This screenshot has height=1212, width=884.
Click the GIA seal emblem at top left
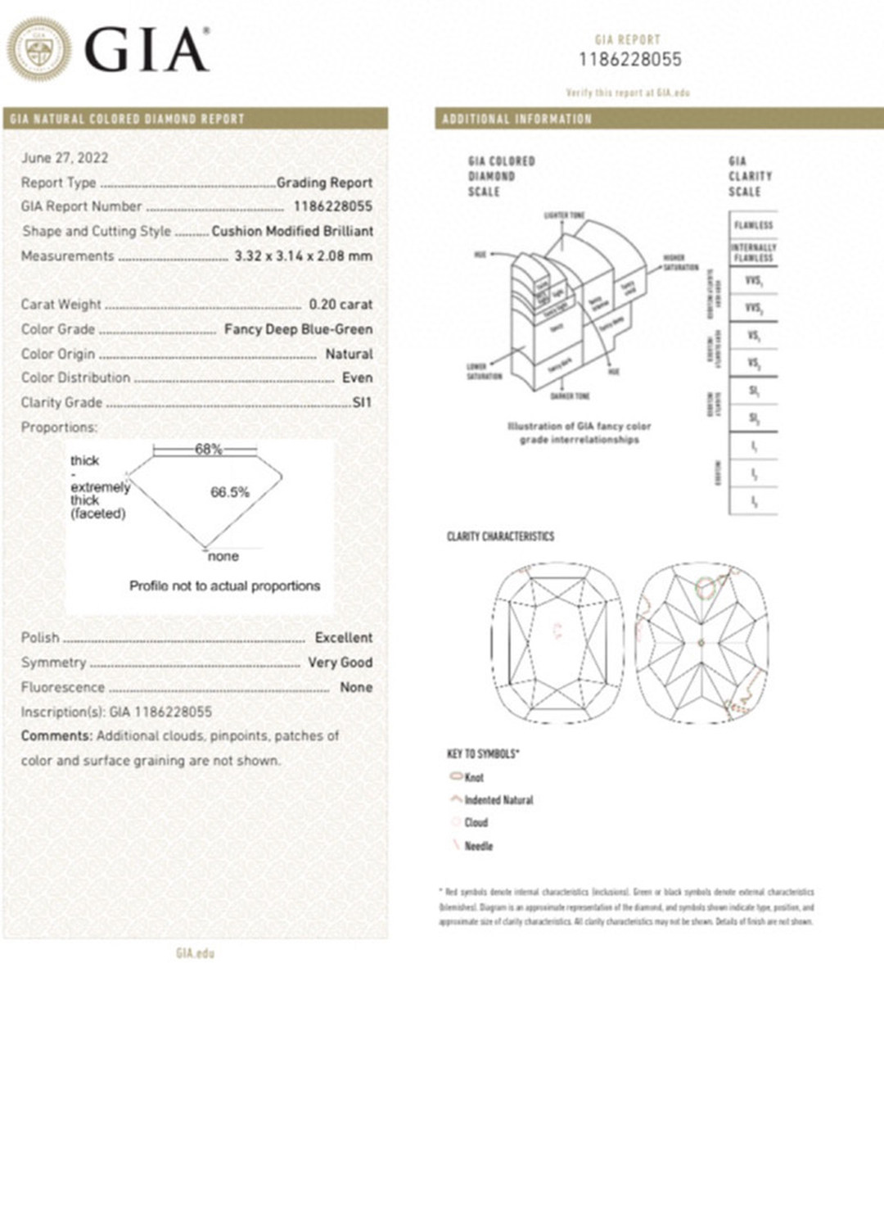click(38, 49)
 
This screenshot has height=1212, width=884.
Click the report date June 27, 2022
click(65, 158)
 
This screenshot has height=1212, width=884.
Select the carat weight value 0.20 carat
click(341, 305)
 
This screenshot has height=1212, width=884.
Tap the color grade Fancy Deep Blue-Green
click(298, 329)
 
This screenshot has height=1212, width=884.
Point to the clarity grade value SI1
click(362, 402)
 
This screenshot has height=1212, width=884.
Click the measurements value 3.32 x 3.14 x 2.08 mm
click(303, 256)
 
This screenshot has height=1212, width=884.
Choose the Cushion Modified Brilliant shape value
click(292, 231)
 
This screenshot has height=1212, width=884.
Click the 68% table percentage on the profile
click(208, 449)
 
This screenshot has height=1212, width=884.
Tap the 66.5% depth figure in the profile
click(230, 492)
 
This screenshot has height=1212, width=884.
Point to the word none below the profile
click(223, 556)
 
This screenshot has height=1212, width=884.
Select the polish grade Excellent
click(343, 637)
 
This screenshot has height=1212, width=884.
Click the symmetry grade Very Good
click(340, 662)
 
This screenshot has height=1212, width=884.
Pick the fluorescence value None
click(356, 687)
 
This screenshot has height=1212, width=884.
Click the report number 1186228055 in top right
click(629, 59)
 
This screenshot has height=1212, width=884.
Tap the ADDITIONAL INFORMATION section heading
click(516, 119)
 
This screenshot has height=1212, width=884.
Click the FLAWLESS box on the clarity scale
click(753, 225)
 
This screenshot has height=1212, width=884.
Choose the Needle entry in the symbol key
click(478, 846)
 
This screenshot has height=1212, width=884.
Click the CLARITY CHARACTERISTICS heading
click(500, 536)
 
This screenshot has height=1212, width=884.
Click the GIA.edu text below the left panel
click(195, 953)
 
